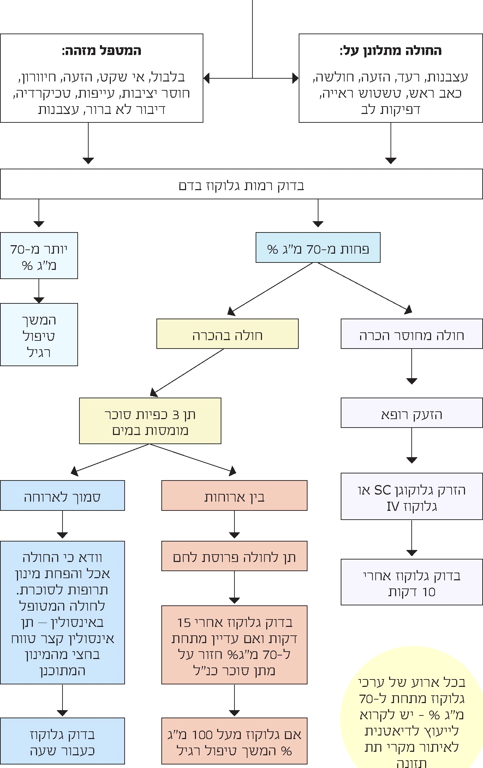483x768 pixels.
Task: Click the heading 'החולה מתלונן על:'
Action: (x=390, y=51)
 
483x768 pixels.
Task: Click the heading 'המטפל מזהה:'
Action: (x=101, y=51)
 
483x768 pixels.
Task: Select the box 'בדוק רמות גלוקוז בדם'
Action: (x=241, y=184)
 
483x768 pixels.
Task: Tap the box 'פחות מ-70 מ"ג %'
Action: (x=318, y=248)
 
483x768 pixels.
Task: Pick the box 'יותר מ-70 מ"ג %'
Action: (x=39, y=256)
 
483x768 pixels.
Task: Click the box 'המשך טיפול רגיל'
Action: (x=39, y=334)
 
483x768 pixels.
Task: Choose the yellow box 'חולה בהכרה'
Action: (x=227, y=334)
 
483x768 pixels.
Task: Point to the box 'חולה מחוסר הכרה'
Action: (x=412, y=334)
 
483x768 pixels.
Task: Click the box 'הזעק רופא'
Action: (x=412, y=413)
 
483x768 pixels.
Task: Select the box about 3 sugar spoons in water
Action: (x=150, y=421)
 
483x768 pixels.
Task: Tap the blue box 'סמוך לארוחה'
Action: (x=62, y=496)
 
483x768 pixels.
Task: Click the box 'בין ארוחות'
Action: (x=234, y=496)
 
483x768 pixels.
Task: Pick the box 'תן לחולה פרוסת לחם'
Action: (x=234, y=556)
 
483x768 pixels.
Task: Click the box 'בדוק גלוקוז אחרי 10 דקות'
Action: (x=412, y=582)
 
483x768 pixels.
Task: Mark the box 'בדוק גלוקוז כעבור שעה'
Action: (x=62, y=741)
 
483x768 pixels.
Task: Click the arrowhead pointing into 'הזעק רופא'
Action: (x=412, y=381)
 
